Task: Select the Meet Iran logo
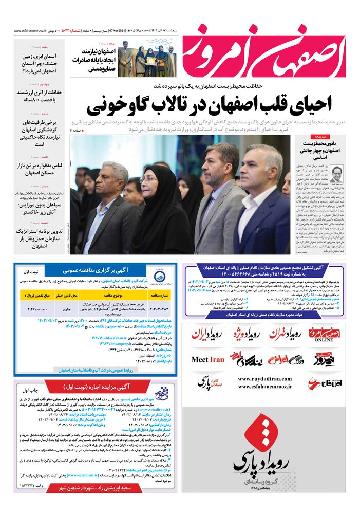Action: coord(207,359)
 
